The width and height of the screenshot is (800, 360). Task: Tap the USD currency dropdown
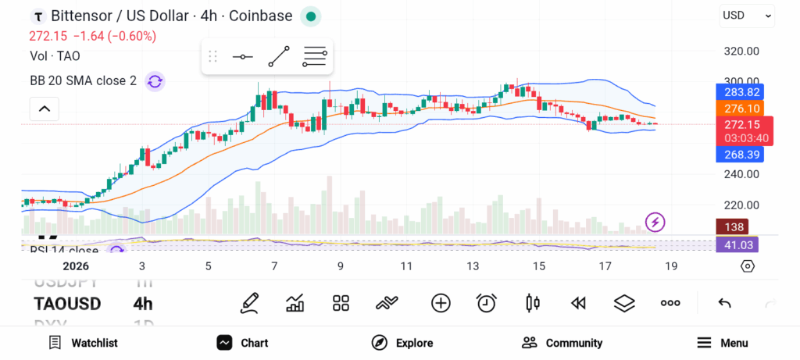747,15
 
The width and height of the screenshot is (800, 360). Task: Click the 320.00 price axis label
741,51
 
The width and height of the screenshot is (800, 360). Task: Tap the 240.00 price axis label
741,175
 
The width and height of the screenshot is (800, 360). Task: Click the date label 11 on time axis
406,266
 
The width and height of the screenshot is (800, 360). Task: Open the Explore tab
402,343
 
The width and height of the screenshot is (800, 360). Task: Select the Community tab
562,343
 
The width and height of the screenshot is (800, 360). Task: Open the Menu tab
722,343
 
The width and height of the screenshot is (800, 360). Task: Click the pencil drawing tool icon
249,303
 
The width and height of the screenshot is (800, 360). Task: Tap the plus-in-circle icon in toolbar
441,303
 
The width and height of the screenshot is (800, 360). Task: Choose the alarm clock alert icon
487,303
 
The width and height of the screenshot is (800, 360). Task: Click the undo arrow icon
724,303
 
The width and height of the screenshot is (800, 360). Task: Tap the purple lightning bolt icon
655,223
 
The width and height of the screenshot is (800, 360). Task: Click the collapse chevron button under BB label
44,109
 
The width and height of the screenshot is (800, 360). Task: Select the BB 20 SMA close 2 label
83,80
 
